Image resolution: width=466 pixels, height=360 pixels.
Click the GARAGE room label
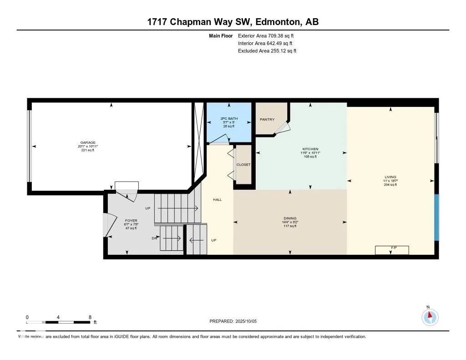click(x=88, y=142)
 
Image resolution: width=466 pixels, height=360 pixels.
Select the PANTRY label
click(x=267, y=120)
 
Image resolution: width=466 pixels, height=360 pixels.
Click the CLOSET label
click(x=243, y=165)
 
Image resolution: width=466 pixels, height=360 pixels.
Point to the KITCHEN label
click(x=310, y=149)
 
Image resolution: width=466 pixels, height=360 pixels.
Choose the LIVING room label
click(x=390, y=177)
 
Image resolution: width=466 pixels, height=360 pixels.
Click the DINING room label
click(x=290, y=218)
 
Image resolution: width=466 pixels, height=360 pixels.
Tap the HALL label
click(x=218, y=200)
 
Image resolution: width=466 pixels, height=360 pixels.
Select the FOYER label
click(x=131, y=221)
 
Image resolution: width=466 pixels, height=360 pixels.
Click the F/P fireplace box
click(x=392, y=250)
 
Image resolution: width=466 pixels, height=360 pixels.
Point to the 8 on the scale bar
click(x=90, y=317)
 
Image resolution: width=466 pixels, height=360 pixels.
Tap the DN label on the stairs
click(x=155, y=238)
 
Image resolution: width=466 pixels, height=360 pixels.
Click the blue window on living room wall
click(x=436, y=218)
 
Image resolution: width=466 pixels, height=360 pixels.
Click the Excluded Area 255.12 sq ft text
click(x=267, y=51)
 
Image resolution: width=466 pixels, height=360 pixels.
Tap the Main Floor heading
click(x=221, y=35)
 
